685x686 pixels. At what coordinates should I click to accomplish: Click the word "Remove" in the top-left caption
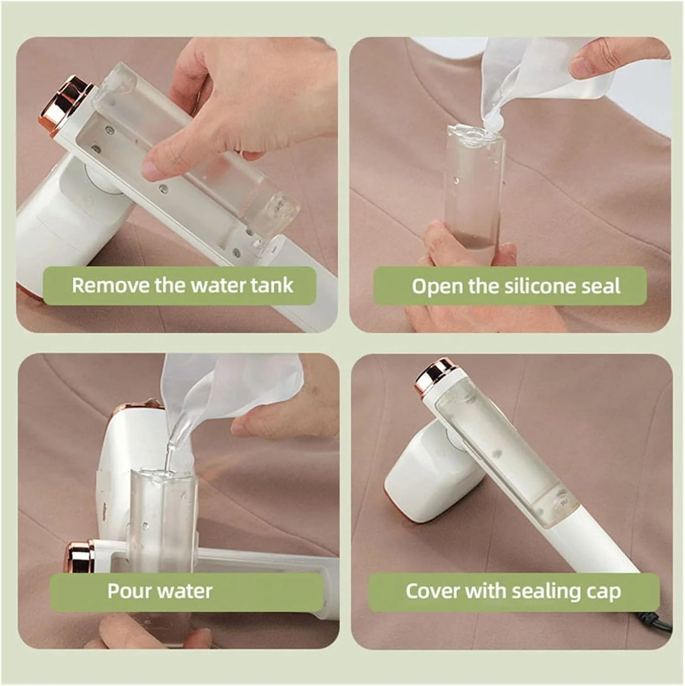111,285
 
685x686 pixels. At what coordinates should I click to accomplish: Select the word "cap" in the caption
604,592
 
